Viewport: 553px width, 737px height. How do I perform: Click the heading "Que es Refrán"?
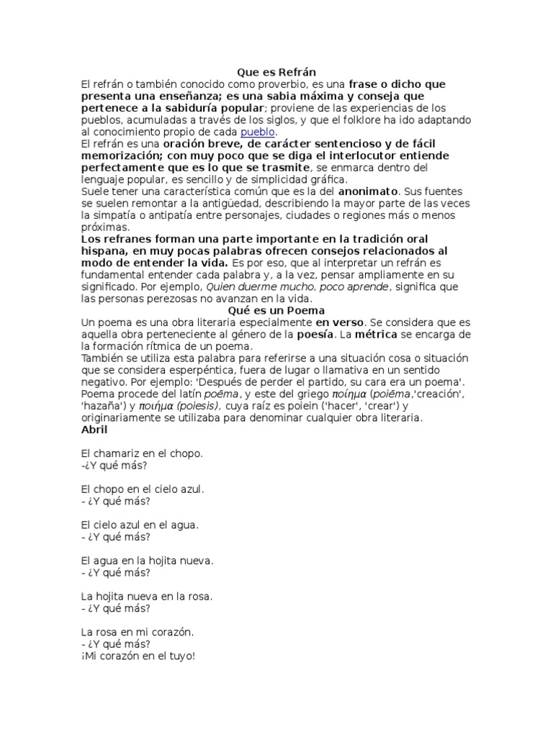click(276, 72)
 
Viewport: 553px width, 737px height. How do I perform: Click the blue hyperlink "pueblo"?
click(258, 132)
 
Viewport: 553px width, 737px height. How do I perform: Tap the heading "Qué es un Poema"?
click(276, 310)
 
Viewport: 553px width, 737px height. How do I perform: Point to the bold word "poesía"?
click(315, 335)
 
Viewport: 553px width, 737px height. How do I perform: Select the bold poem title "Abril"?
click(94, 430)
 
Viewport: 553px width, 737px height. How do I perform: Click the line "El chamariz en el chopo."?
click(142, 453)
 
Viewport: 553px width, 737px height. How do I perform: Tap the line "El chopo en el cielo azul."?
click(143, 489)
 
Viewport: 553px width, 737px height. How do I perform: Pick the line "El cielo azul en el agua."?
click(140, 525)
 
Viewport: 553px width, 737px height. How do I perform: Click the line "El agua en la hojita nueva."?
click(148, 561)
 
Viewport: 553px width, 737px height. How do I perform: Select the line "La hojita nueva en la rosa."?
click(147, 597)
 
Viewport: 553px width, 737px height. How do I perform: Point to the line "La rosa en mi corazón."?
click(138, 632)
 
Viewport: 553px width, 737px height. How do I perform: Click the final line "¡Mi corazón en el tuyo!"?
click(138, 656)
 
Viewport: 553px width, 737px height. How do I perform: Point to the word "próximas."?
click(104, 227)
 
